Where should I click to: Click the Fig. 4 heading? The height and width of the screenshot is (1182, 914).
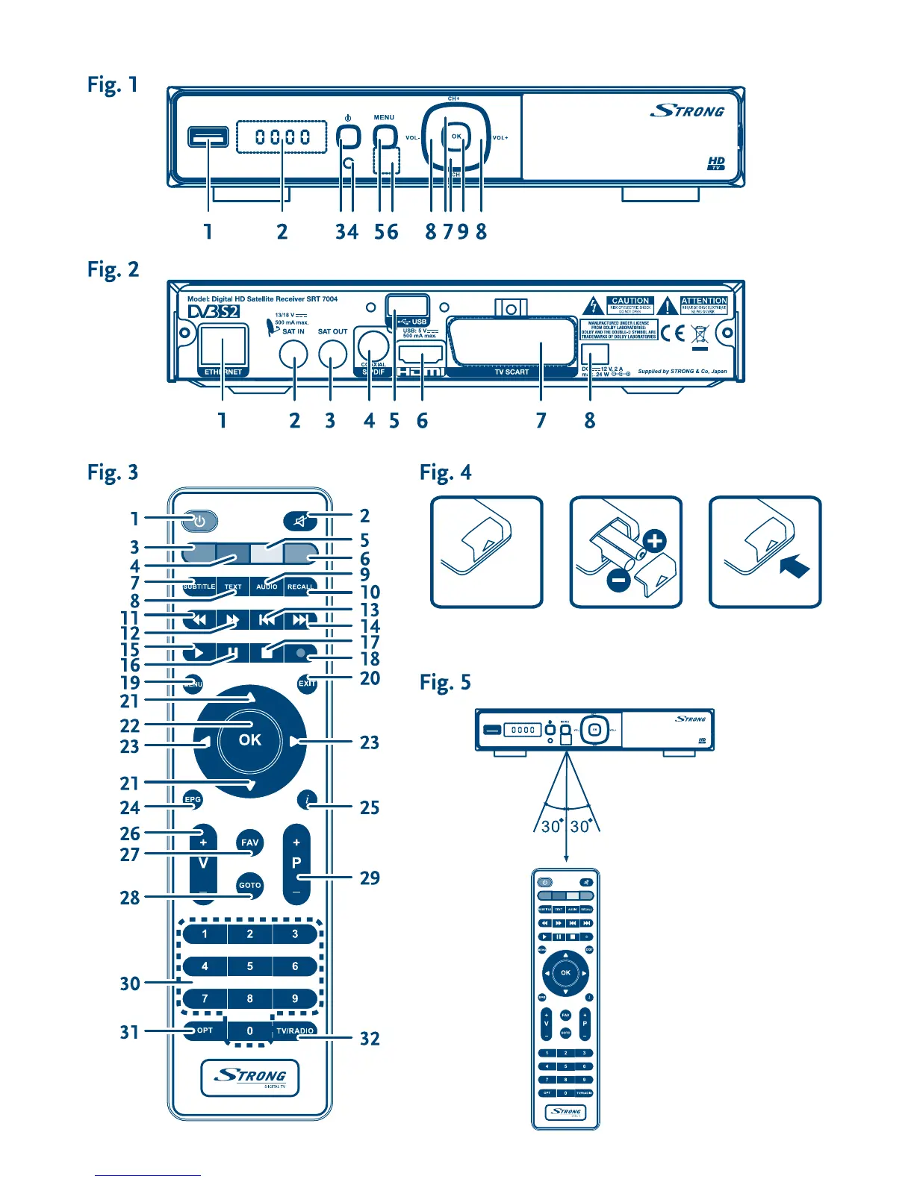(x=445, y=473)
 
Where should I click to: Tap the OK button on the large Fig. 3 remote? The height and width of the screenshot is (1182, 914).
(x=249, y=739)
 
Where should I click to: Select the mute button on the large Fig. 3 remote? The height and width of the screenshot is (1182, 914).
(x=301, y=522)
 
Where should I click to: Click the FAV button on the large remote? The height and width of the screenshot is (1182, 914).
(x=249, y=842)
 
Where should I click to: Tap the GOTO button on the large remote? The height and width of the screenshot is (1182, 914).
(x=249, y=886)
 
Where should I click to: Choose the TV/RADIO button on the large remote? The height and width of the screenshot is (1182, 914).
(x=295, y=1031)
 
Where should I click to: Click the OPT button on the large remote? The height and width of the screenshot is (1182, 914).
(x=205, y=1031)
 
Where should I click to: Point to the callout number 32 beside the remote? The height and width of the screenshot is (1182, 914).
(x=370, y=1039)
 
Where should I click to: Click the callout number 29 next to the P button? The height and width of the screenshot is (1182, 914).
(x=370, y=878)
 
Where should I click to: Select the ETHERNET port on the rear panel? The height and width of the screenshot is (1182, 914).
(x=223, y=350)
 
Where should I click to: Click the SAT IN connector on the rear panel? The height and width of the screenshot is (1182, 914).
(x=293, y=355)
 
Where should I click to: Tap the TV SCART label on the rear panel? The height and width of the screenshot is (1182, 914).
(x=512, y=372)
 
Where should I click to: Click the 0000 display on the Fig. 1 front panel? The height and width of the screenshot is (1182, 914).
(x=282, y=137)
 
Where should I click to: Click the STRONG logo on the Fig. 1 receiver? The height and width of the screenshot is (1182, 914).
(x=688, y=111)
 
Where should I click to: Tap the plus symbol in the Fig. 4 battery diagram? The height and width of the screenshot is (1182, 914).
(x=654, y=541)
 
